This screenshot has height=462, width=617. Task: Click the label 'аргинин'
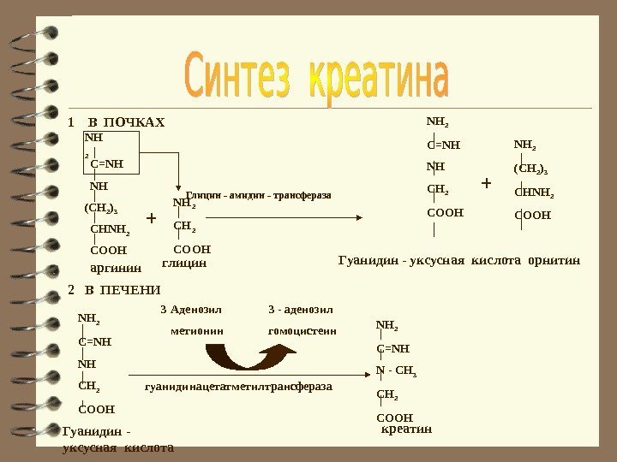click(116, 267)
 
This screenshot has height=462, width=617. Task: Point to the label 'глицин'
click(183, 264)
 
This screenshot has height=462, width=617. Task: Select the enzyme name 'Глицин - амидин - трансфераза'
click(258, 196)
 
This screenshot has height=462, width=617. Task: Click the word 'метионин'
click(197, 329)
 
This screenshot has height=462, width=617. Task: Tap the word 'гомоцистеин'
click(302, 329)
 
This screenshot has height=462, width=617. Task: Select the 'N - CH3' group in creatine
click(396, 371)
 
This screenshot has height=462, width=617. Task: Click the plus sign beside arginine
click(152, 218)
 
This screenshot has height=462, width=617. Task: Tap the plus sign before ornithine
click(487, 183)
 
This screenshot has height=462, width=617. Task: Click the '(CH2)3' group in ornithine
click(530, 169)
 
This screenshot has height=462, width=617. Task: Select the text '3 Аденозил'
click(191, 309)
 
